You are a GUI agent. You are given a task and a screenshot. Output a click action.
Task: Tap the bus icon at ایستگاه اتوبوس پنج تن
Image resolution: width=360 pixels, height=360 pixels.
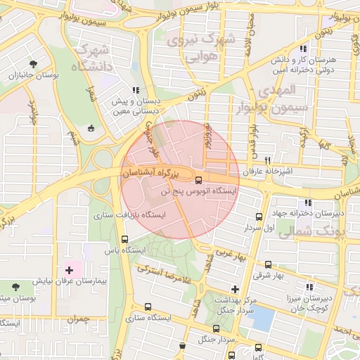pos(198,179)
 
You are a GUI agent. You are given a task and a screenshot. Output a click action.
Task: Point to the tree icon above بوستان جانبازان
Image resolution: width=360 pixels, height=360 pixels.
pos(33,65)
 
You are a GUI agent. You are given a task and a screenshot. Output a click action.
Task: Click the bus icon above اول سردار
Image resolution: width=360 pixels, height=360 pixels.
pos(259,217)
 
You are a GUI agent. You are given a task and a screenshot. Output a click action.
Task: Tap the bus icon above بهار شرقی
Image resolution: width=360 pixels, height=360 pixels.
pos(269,265)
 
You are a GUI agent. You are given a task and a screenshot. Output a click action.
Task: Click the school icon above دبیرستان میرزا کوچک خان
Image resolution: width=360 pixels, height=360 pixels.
pos(309,287)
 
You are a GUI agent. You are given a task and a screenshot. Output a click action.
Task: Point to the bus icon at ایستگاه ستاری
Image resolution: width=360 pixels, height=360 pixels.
pos(147,307)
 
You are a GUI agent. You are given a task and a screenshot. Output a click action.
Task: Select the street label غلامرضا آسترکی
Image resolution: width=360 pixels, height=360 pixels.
pos(167,271)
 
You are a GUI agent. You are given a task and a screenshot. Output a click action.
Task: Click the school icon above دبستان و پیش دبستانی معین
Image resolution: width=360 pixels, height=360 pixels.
pos(135,90)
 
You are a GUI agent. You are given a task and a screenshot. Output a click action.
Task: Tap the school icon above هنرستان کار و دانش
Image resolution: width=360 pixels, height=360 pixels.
pos(303,49)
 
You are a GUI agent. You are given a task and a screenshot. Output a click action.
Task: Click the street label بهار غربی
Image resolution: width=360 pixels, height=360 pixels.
pos(232,254)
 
